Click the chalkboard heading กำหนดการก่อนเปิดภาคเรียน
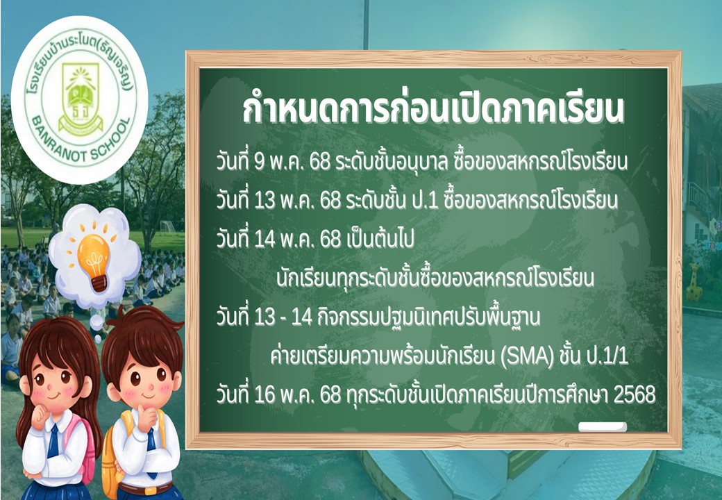[x=433, y=108]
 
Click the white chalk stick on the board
[x=603, y=427]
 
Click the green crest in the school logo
[x=80, y=100]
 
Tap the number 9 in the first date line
[x=259, y=162]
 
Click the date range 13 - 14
[x=283, y=317]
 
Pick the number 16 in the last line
[x=265, y=395]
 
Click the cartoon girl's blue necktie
[x=53, y=440]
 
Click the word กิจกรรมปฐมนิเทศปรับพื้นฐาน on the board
[x=429, y=317]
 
